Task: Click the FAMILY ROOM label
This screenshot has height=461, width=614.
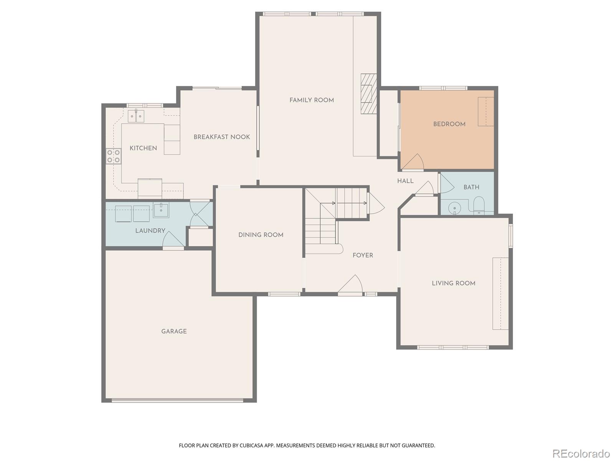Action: click(x=312, y=100)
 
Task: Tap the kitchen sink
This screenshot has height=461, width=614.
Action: click(x=136, y=116)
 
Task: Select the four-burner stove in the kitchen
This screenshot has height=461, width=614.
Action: click(x=114, y=156)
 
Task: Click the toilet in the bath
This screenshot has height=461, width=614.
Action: click(x=479, y=206)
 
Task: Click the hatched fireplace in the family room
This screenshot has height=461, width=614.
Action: click(x=369, y=94)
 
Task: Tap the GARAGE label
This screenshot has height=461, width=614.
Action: click(x=174, y=331)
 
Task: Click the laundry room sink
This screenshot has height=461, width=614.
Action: click(x=161, y=211)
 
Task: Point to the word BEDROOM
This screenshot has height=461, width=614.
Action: click(x=449, y=124)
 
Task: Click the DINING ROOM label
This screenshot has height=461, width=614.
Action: click(x=261, y=235)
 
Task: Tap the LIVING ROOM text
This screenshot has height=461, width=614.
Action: click(x=454, y=283)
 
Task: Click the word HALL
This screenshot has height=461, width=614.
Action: click(x=405, y=181)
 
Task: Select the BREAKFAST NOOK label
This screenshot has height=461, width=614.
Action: click(x=222, y=137)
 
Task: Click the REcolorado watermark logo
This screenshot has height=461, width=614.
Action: click(x=581, y=453)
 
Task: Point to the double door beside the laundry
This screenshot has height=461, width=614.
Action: click(x=200, y=214)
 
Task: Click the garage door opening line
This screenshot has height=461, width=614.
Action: click(x=177, y=400)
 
